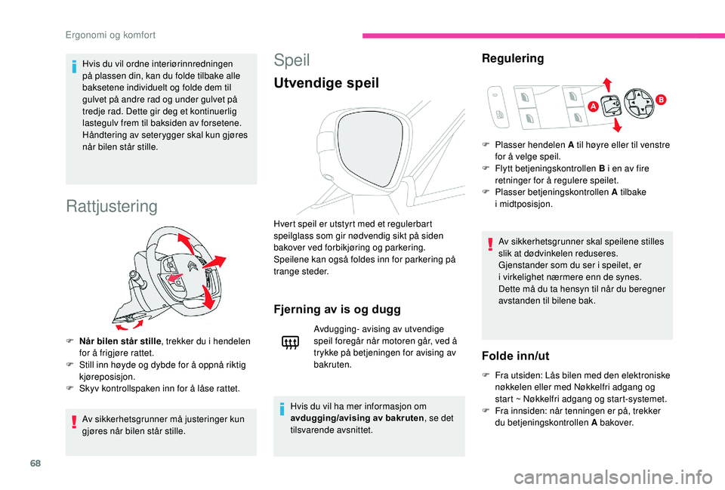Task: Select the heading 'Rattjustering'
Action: pyautogui.click(x=112, y=206)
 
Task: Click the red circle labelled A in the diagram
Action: pyautogui.click(x=594, y=107)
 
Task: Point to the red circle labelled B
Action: pyautogui.click(x=660, y=99)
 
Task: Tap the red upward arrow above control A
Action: pyautogui.click(x=606, y=85)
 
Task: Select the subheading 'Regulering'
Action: pyautogui.click(x=512, y=58)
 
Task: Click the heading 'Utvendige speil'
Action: pyautogui.click(x=326, y=83)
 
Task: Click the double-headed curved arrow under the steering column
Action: pyautogui.click(x=131, y=323)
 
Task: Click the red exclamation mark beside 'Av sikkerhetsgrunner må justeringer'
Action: pyautogui.click(x=74, y=424)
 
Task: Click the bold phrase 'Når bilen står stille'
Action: pyautogui.click(x=116, y=341)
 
